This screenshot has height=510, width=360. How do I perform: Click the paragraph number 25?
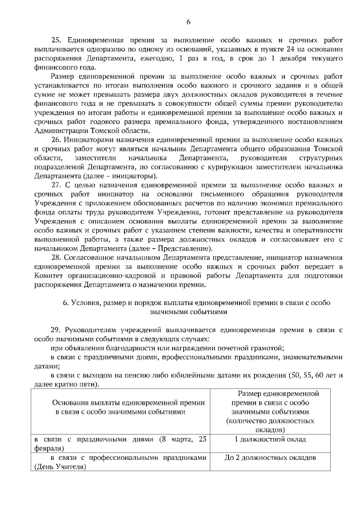[56, 41]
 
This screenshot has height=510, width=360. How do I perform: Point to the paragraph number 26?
[56, 138]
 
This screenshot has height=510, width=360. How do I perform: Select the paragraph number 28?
[56, 257]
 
